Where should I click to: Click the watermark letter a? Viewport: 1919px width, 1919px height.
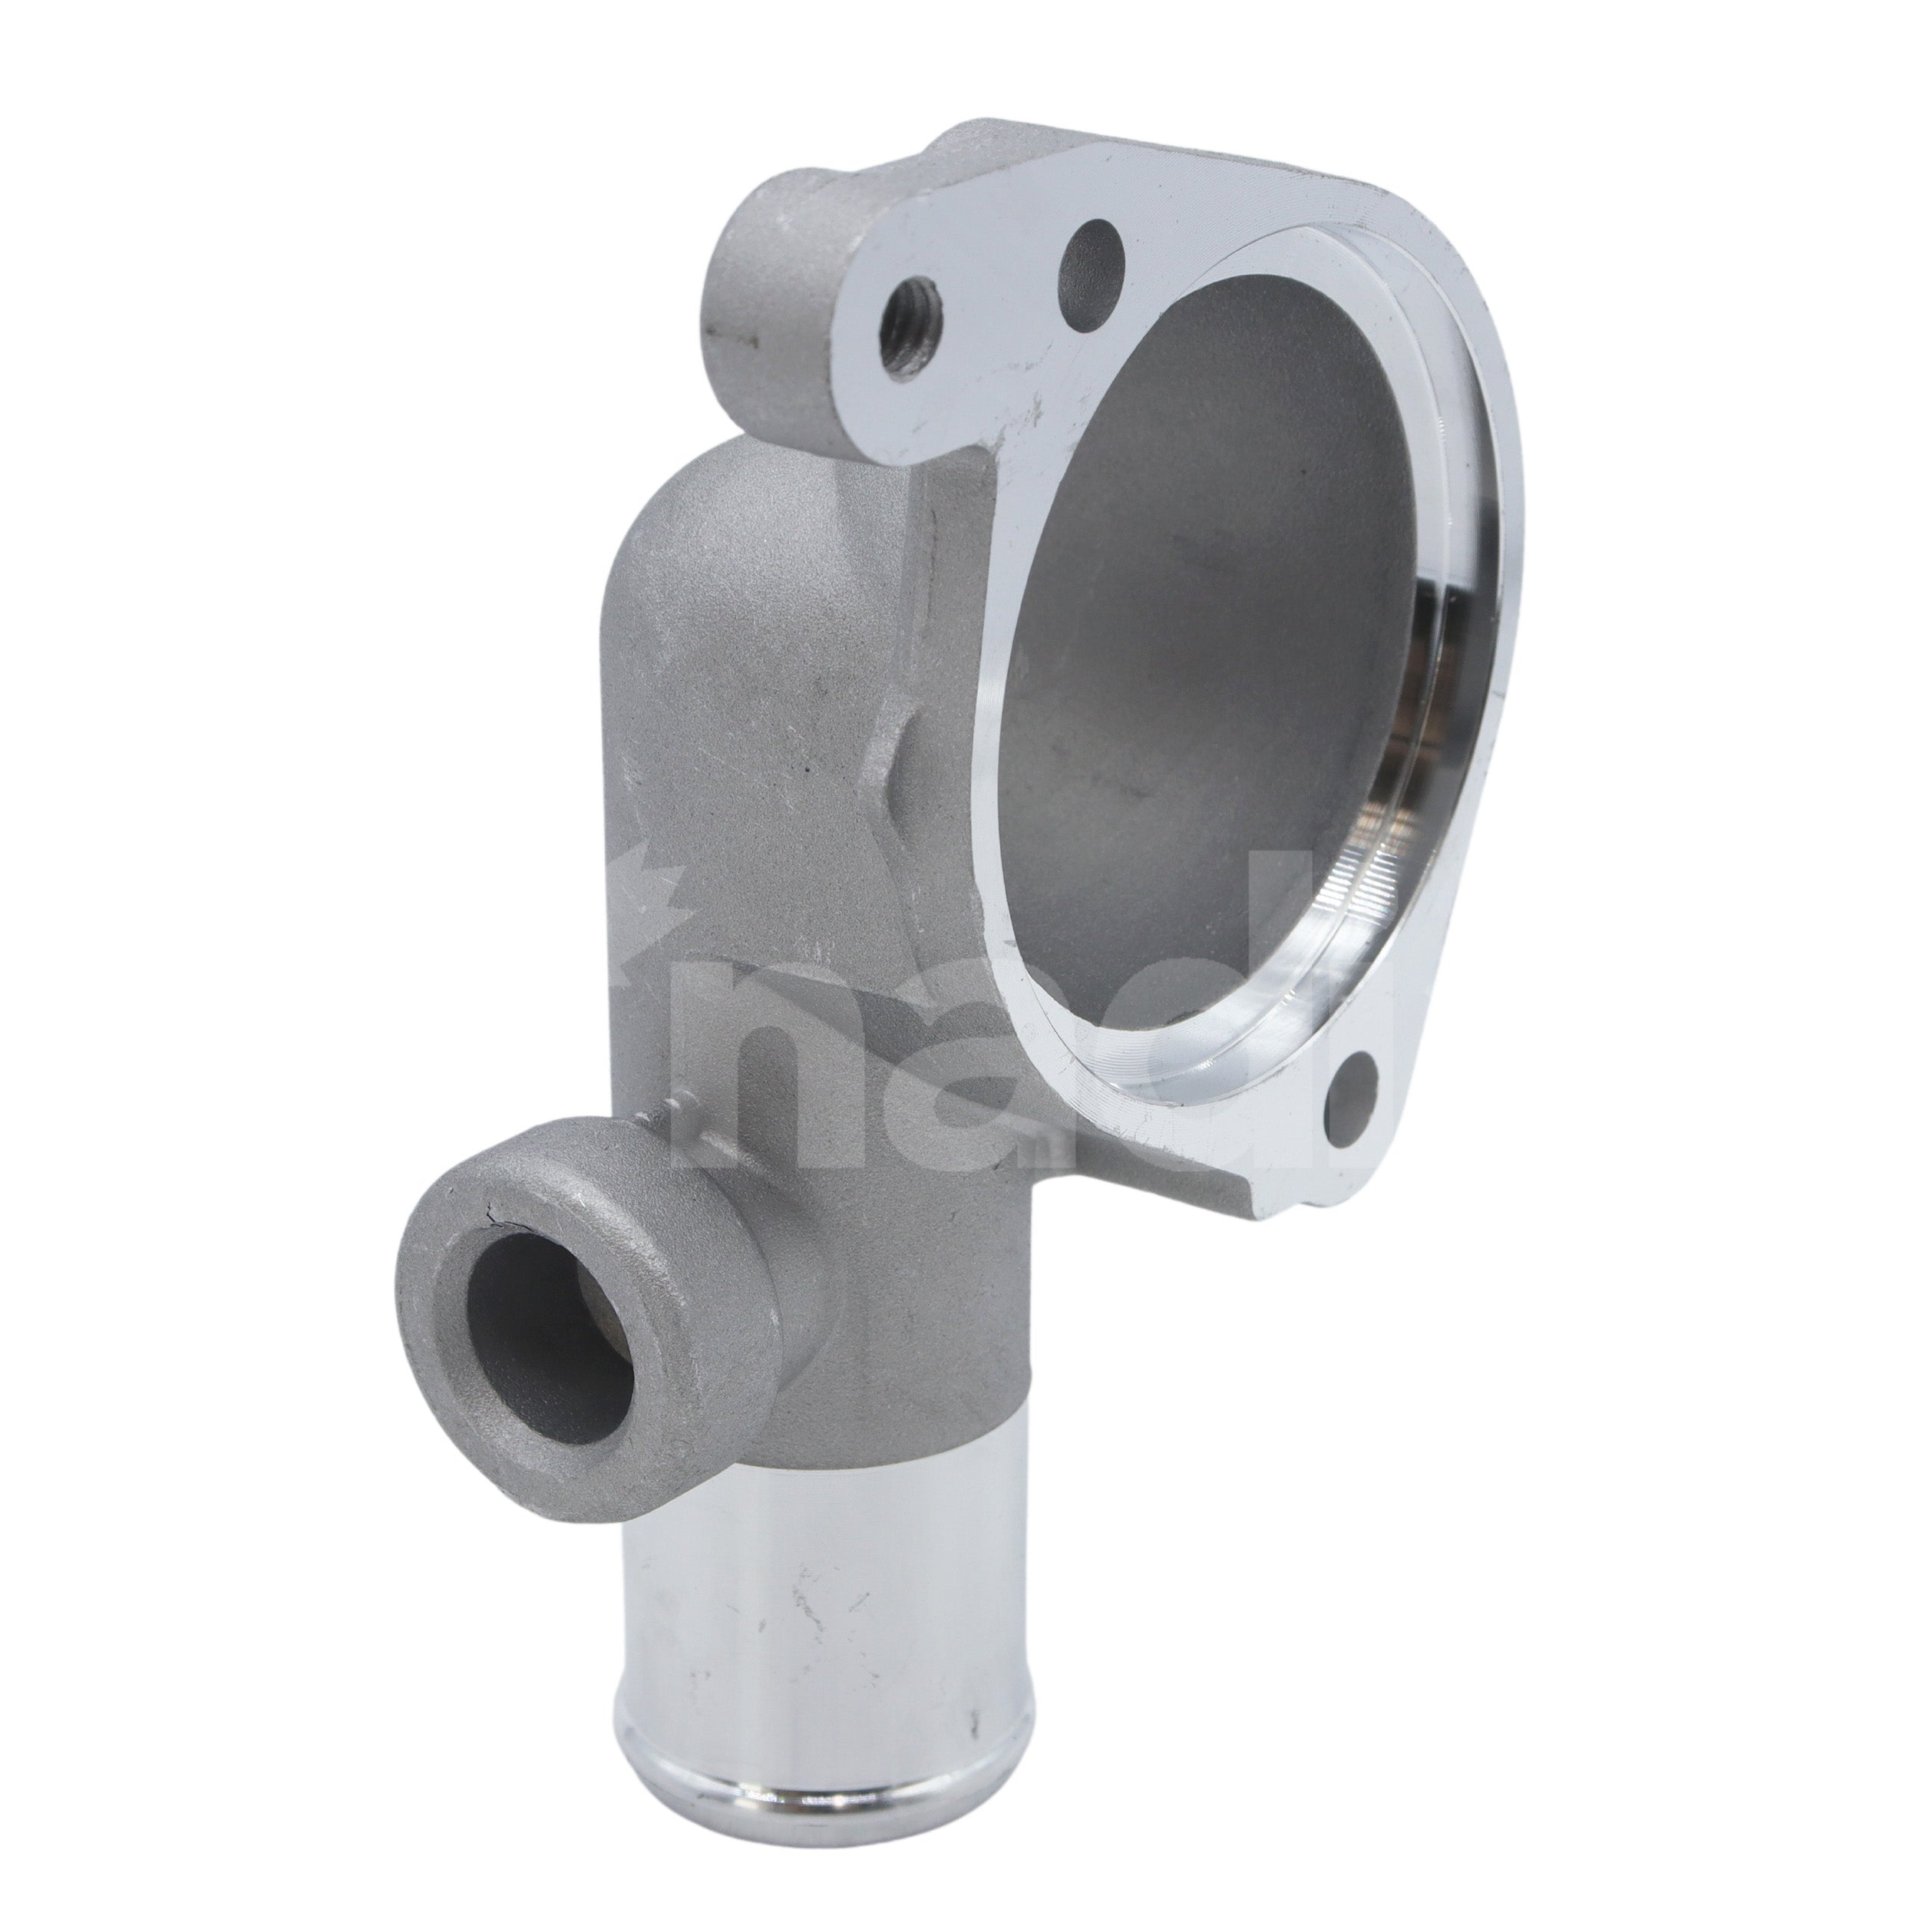pos(983,1092)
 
